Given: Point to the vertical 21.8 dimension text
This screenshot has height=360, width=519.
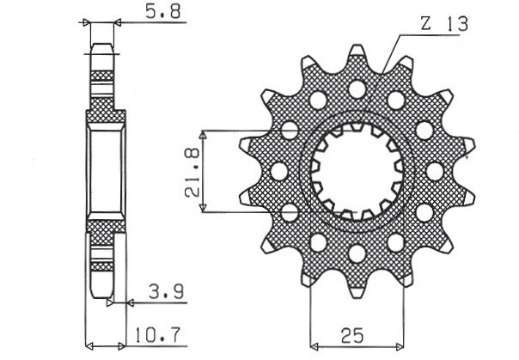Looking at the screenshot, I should point(192,171).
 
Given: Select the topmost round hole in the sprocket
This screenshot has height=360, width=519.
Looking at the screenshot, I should point(355,87).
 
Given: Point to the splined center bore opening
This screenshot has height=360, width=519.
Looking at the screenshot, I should point(355,169).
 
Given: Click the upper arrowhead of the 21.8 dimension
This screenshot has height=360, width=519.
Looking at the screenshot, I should point(203,136).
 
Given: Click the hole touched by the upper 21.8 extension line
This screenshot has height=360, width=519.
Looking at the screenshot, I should point(290,131).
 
